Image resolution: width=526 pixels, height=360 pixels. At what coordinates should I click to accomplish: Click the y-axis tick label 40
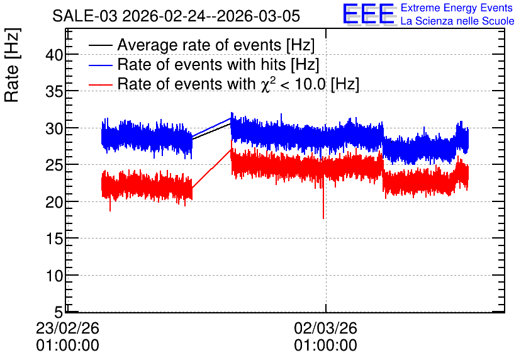pos(54,55)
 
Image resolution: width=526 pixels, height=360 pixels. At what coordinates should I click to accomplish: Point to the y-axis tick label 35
pos(54,91)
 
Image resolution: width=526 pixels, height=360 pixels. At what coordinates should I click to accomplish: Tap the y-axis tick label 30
pos(54,128)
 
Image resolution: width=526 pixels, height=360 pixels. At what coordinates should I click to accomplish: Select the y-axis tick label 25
pos(54,165)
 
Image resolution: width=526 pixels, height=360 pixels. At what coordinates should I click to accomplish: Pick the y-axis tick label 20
pos(54,202)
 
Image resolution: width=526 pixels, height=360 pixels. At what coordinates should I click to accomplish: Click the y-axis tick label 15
pos(54,239)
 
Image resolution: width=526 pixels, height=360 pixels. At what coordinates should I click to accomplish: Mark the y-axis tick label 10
pos(54,276)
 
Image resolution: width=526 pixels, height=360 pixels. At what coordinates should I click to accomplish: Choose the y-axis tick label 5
pos(59,313)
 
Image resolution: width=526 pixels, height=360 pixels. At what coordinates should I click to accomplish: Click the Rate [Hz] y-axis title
pos(12,65)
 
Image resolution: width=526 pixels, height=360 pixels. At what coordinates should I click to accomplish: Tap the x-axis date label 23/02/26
pos(67,328)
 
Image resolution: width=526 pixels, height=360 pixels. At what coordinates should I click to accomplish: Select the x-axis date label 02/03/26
pos(325,328)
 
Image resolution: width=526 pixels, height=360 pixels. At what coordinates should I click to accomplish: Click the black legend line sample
pos(100,45)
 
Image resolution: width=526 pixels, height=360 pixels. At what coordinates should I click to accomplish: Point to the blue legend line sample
pos(100,65)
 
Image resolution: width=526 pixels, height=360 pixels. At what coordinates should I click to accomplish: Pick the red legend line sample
pos(100,84)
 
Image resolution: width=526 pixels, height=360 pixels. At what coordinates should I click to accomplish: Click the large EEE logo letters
pos(369,14)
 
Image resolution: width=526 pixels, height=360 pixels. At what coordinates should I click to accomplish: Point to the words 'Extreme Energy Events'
pos(457,8)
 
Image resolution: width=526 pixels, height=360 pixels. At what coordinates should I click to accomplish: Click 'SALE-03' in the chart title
pos(84,16)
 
